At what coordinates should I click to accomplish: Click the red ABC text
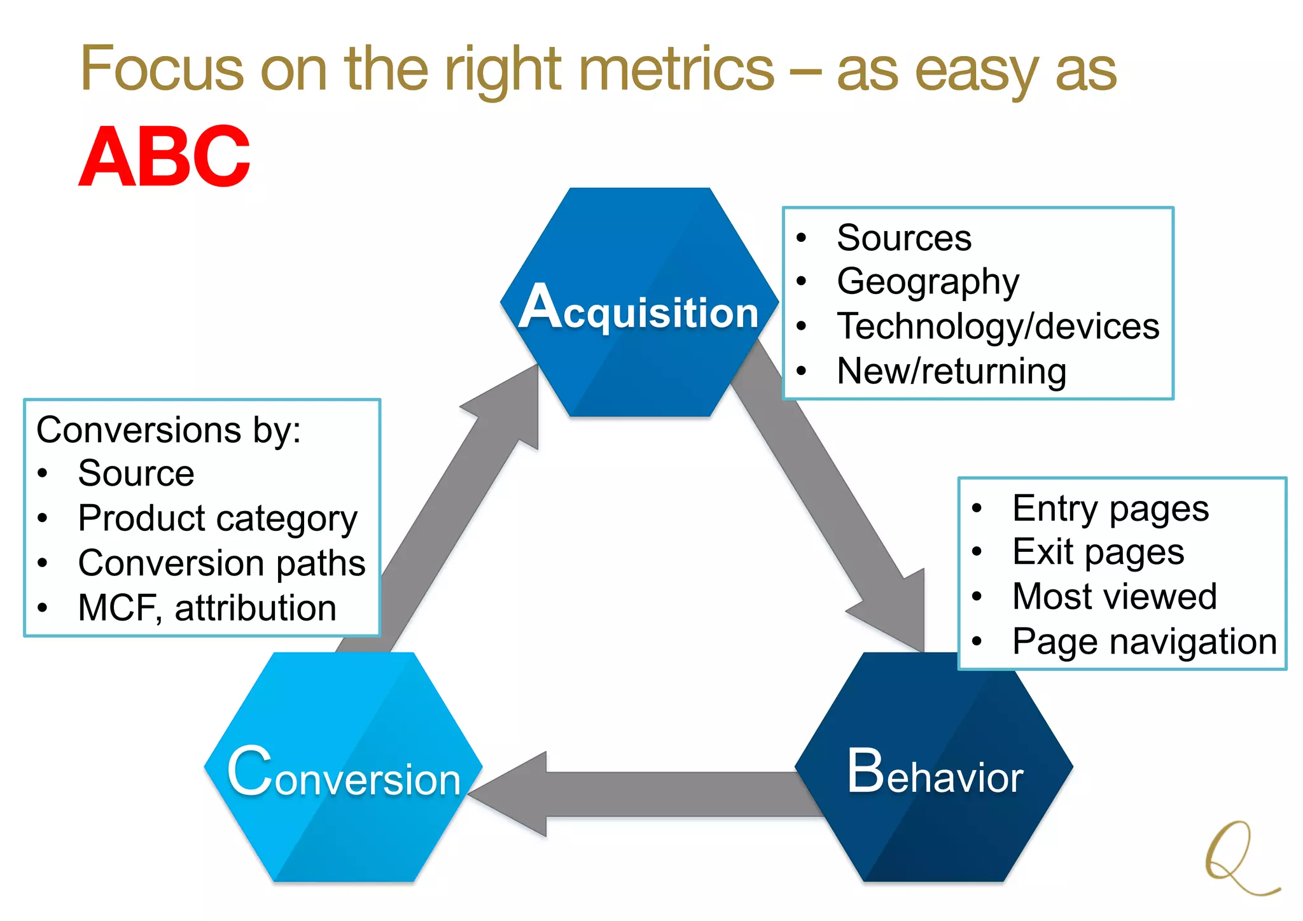pyautogui.click(x=164, y=157)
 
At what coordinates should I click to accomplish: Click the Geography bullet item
pyautogui.click(x=928, y=281)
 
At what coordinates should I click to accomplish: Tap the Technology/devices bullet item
pyautogui.click(x=998, y=326)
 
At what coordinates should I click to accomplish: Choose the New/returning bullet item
pyautogui.click(x=951, y=371)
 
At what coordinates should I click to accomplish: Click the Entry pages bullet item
pyautogui.click(x=1110, y=509)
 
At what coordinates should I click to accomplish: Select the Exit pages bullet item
pyautogui.click(x=1098, y=552)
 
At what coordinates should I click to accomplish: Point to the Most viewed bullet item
pyautogui.click(x=1114, y=596)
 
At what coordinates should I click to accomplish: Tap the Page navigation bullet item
pyautogui.click(x=1145, y=642)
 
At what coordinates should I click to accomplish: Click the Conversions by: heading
pyautogui.click(x=169, y=430)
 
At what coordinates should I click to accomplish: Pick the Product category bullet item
pyautogui.click(x=218, y=518)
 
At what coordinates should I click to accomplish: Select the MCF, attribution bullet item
pyautogui.click(x=207, y=608)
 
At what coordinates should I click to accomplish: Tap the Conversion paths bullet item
pyautogui.click(x=221, y=563)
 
